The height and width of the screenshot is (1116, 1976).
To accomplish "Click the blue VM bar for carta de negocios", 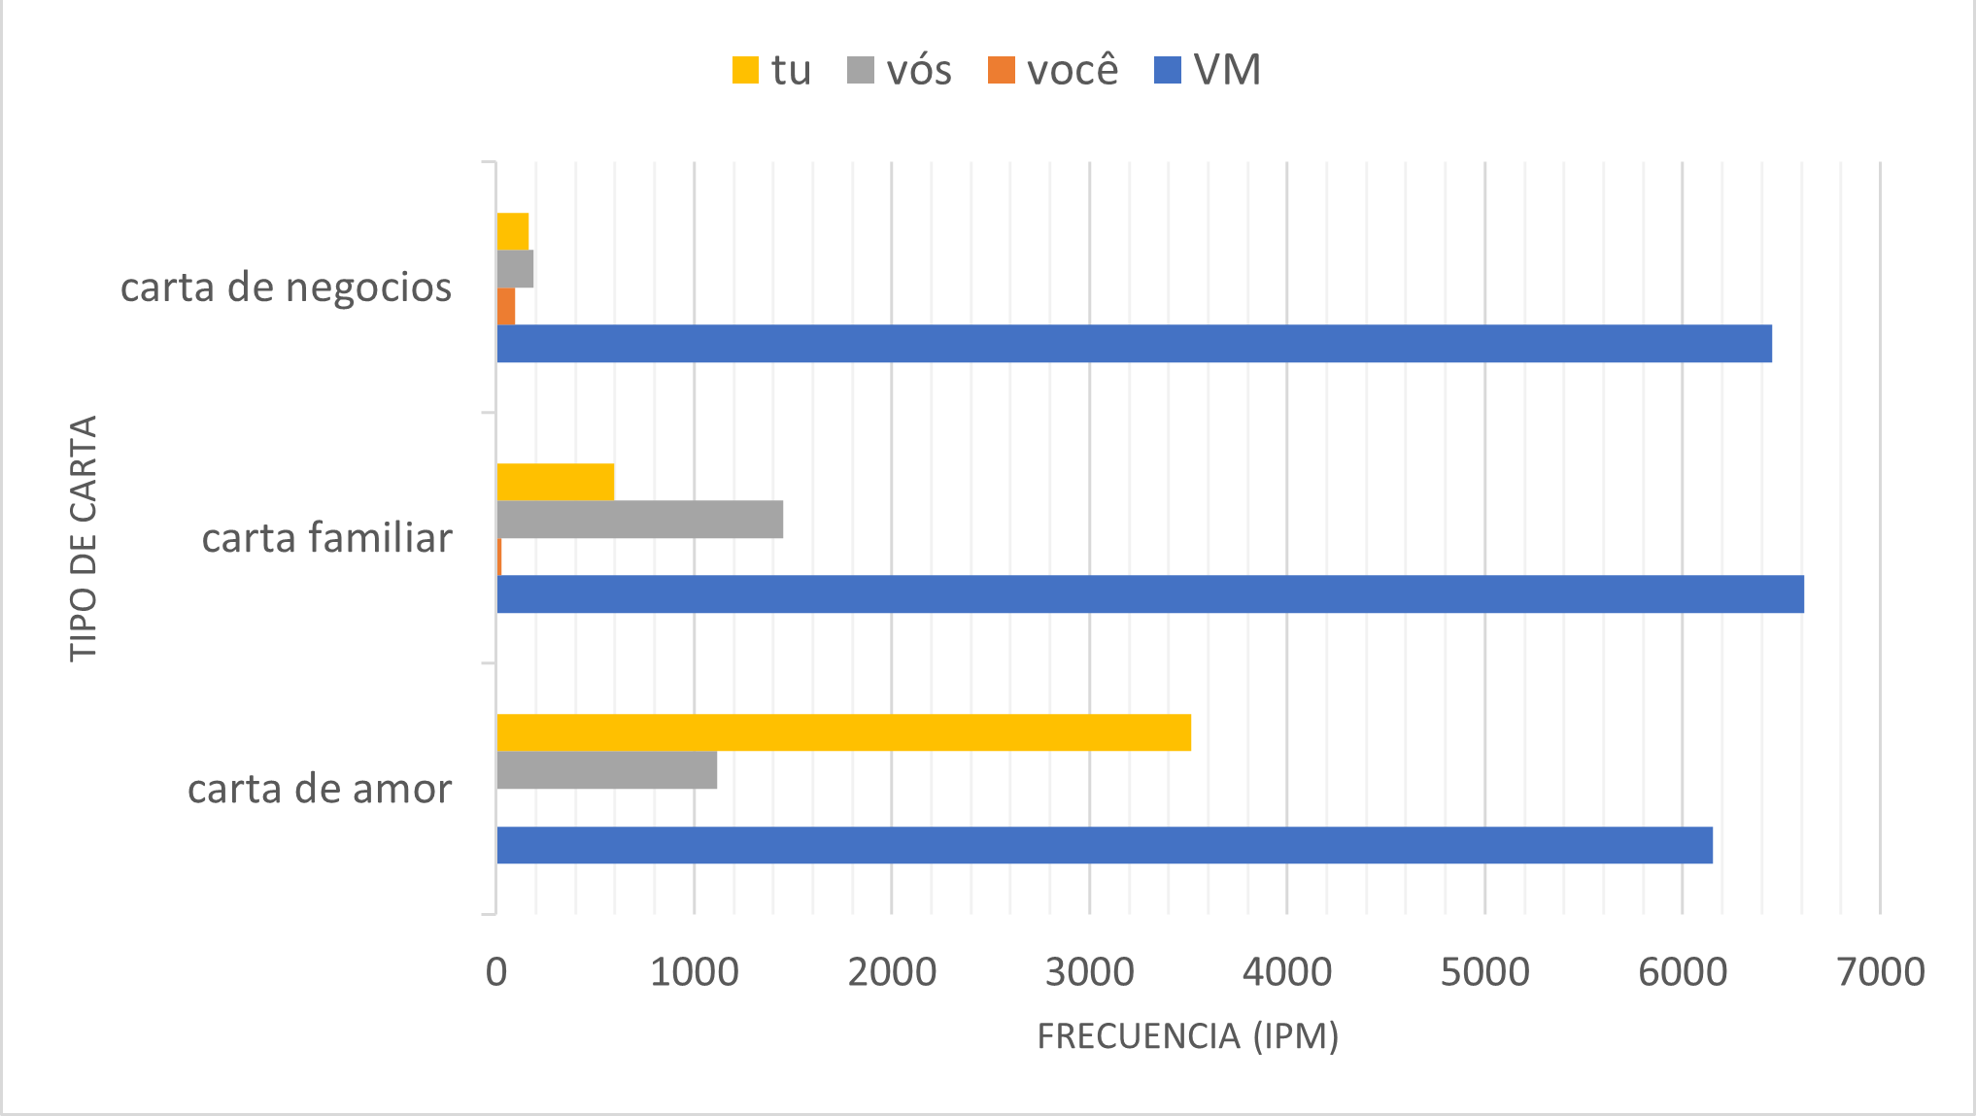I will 1134,344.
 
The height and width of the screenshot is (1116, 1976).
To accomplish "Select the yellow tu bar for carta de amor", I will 843,732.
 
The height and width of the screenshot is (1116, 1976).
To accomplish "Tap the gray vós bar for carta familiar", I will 639,520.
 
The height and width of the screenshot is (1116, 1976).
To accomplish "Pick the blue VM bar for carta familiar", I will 1150,594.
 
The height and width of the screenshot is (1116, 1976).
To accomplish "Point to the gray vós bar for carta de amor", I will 606,770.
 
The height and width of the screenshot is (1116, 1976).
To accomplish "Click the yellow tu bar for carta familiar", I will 555,482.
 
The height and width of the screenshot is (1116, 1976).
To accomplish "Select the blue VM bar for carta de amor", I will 1105,845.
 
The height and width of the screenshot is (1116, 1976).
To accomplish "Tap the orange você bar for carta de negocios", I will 505,307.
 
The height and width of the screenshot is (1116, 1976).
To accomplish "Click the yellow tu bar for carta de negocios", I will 512,231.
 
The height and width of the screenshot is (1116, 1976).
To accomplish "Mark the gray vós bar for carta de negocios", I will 515,269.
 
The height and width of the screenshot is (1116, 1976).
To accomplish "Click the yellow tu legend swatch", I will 745,70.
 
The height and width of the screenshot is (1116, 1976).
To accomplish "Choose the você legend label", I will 1073,70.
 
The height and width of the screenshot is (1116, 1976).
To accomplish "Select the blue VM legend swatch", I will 1167,70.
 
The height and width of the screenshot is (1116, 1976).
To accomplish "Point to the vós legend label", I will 918,70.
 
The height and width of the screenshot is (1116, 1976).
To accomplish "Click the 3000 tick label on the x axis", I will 1089,972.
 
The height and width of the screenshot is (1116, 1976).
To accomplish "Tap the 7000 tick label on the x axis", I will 1880,972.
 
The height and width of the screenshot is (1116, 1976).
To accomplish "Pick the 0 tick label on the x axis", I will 496,972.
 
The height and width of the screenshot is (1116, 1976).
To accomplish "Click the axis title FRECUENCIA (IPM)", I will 1187,1036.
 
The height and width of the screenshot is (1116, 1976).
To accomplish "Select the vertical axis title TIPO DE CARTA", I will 84,538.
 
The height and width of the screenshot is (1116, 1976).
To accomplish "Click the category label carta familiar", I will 326,538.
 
